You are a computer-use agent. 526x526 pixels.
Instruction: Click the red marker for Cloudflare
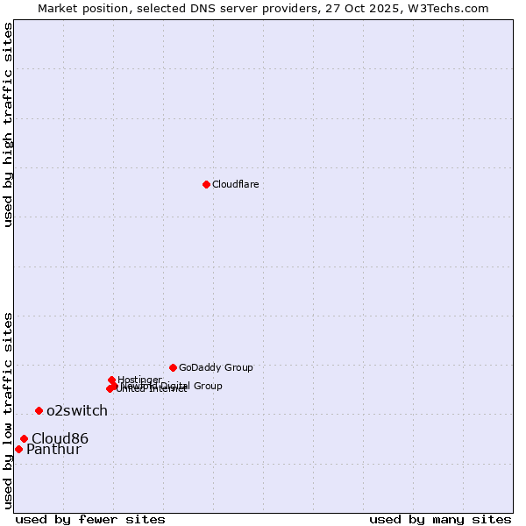[206, 184]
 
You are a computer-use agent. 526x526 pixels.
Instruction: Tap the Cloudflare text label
[235, 184]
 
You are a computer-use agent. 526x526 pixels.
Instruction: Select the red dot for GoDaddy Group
[173, 367]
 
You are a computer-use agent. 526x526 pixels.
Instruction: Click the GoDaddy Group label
[216, 368]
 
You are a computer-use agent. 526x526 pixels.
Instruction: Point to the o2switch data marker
[39, 410]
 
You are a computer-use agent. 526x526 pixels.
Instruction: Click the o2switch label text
[77, 410]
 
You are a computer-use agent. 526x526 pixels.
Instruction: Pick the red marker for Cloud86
[24, 438]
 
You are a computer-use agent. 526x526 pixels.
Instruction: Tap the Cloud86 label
[60, 438]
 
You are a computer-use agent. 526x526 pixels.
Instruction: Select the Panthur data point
[18, 449]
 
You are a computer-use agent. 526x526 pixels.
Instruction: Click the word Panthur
[53, 450]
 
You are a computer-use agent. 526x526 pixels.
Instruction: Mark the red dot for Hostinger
[111, 380]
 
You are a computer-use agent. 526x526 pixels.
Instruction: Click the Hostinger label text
[139, 380]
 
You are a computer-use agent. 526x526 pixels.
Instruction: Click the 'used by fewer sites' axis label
[90, 519]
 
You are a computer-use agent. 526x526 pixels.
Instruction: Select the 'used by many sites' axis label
[440, 519]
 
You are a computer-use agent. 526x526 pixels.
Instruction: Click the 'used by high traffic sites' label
[8, 124]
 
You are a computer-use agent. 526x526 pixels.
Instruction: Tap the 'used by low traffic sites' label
[8, 410]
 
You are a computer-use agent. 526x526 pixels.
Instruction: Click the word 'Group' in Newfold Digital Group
[207, 386]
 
